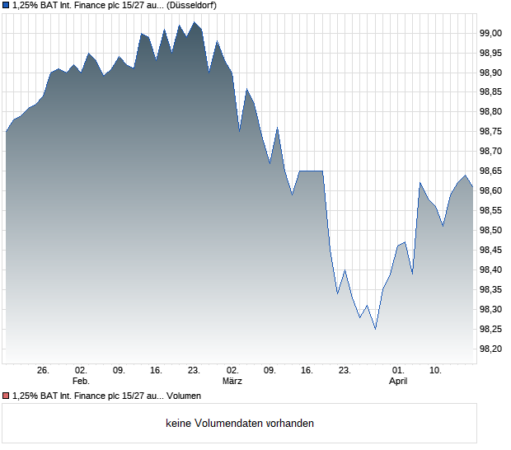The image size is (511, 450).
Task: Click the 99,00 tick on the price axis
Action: (x=491, y=33)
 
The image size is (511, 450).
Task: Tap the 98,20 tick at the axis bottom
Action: (x=491, y=349)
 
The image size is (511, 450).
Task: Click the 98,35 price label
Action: (x=491, y=290)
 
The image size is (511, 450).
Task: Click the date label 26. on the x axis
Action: (x=44, y=371)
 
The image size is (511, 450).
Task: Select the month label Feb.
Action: (x=81, y=382)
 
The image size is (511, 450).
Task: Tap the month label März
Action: (x=232, y=382)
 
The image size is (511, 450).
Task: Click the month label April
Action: (x=398, y=382)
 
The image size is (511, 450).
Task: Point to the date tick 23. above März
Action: (x=194, y=371)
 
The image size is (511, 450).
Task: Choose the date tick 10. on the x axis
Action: (x=436, y=371)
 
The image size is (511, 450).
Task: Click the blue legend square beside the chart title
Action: (x=6, y=6)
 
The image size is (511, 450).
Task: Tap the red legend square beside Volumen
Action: (x=6, y=396)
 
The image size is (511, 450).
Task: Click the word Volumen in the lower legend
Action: (x=184, y=396)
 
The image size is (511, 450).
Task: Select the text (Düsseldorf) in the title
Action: (x=192, y=6)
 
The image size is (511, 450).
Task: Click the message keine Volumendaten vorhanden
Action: (x=240, y=424)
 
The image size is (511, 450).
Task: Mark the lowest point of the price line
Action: (x=375, y=330)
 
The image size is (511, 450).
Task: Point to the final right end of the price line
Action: (x=472, y=187)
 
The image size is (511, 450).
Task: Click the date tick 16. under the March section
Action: (x=307, y=371)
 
